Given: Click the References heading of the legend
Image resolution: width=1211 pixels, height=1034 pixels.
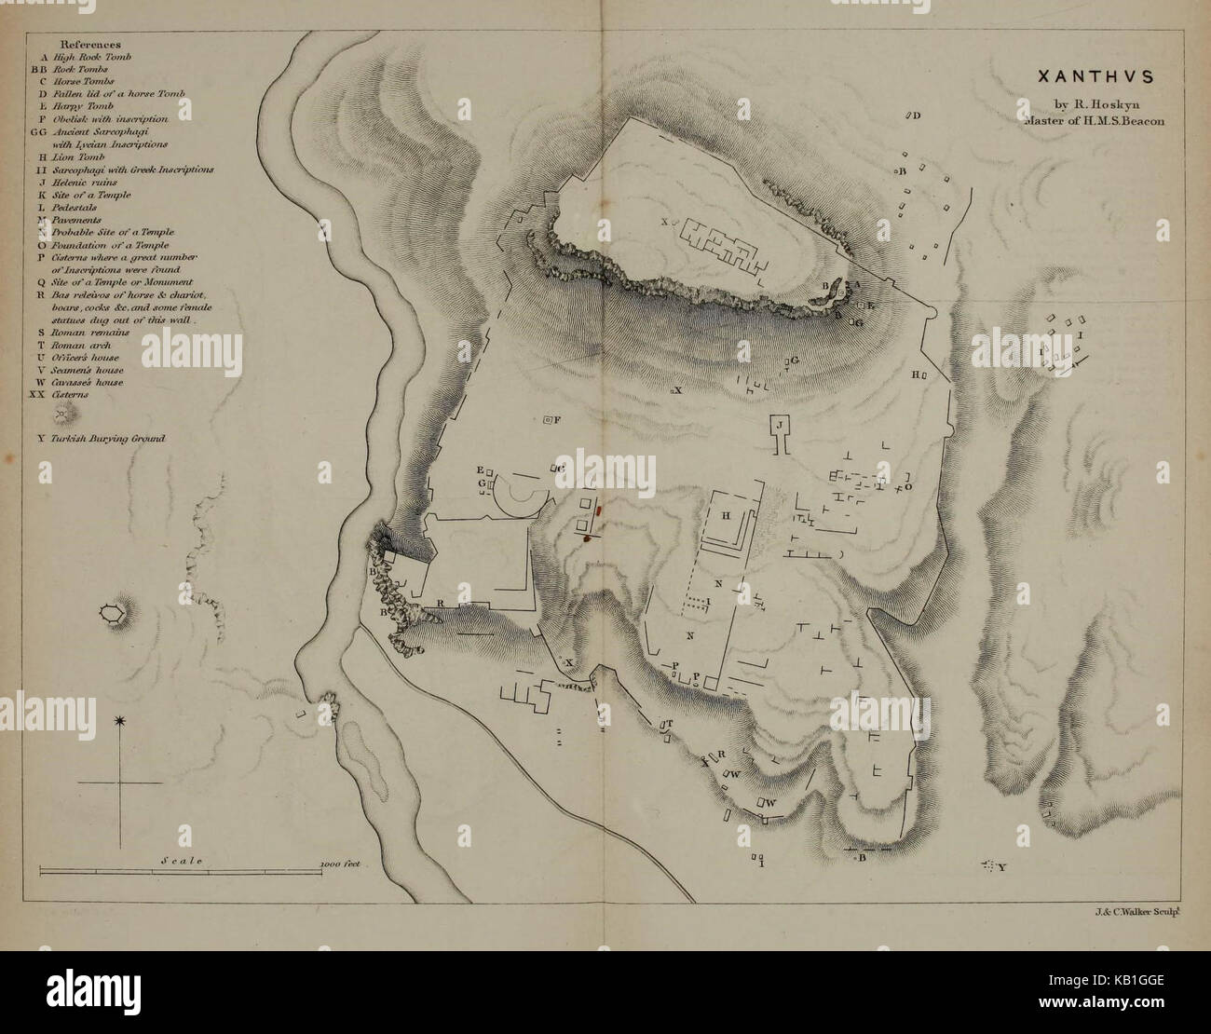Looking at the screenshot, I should (90, 44).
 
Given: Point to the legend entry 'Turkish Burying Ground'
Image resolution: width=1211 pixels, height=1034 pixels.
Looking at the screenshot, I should (99, 438).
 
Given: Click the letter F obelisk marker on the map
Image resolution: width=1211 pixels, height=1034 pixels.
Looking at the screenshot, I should (557, 421).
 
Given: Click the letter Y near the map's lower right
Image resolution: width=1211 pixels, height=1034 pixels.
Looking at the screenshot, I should (1001, 868).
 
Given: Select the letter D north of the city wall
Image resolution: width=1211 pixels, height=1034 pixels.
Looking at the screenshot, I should (916, 116).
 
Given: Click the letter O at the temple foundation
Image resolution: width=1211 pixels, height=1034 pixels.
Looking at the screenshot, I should (906, 486).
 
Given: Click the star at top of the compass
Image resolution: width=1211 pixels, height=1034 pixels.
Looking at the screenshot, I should (119, 721).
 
